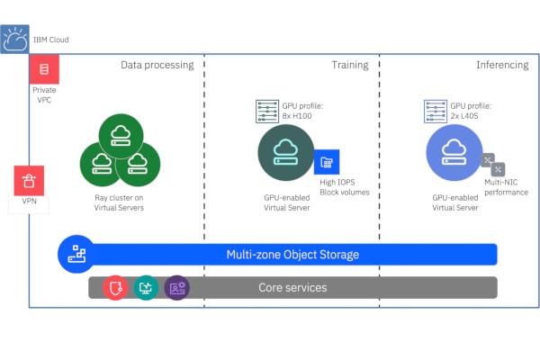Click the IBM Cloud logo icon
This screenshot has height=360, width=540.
pyautogui.click(x=15, y=40)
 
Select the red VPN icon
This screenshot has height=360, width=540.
pyautogui.click(x=30, y=179)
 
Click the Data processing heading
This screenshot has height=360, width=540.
pyautogui.click(x=157, y=65)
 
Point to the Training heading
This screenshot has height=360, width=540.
pyautogui.click(x=351, y=65)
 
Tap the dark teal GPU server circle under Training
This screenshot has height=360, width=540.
pyautogui.click(x=286, y=152)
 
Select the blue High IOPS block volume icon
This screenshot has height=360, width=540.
pyautogui.click(x=326, y=162)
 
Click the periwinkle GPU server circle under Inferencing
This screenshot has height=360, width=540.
pyautogui.click(x=454, y=152)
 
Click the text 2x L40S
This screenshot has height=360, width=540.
pyautogui.click(x=467, y=116)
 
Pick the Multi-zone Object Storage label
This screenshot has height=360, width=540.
pyautogui.click(x=292, y=255)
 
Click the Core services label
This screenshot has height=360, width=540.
pyautogui.click(x=292, y=288)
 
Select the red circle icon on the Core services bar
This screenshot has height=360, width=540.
pyautogui.click(x=116, y=288)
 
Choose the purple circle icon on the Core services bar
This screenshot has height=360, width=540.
pyautogui.click(x=177, y=288)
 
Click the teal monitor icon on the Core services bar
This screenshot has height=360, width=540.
pyautogui.click(x=147, y=288)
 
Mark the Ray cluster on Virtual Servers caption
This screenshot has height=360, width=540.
pyautogui.click(x=120, y=202)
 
